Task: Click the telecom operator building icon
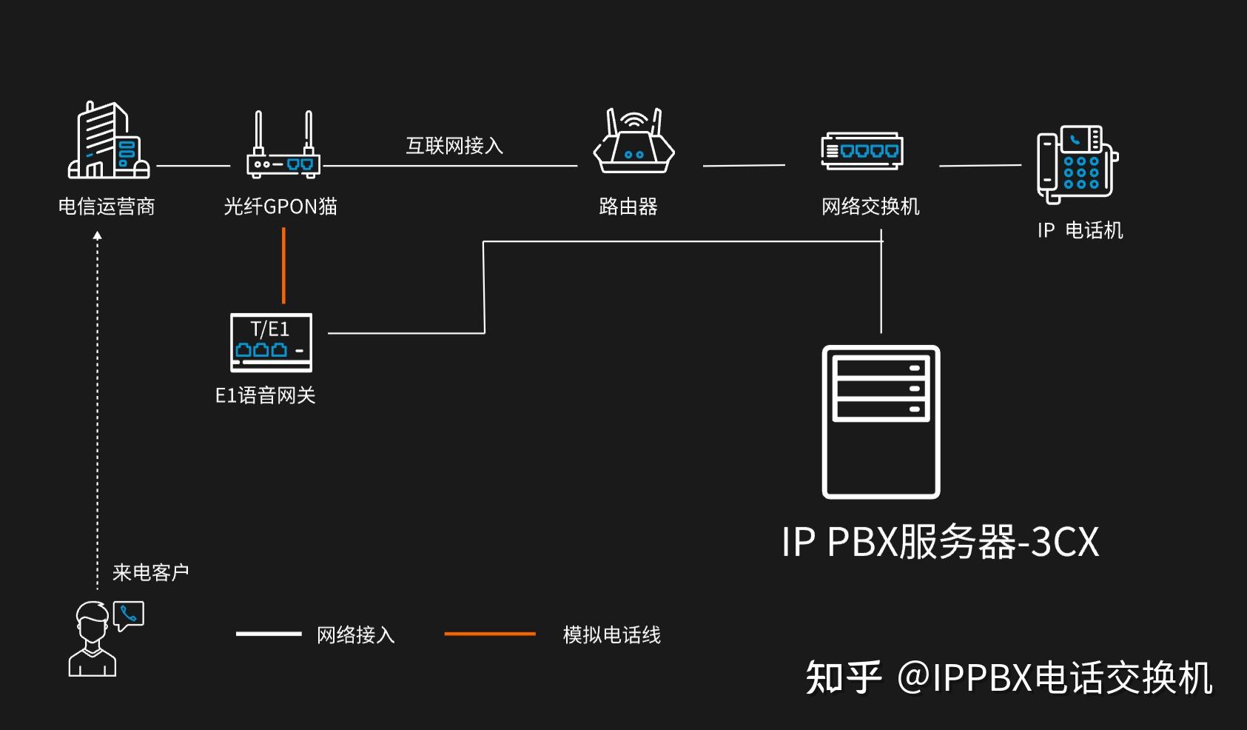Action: click(108, 141)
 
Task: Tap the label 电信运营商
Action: click(107, 207)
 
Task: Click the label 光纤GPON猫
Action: click(280, 207)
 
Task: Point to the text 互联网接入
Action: click(454, 146)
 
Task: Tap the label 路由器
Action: click(628, 207)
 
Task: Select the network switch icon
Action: click(861, 151)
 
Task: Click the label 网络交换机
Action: click(870, 207)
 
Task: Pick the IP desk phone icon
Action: click(1077, 164)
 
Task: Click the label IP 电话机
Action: click(1080, 230)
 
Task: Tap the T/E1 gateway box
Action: click(271, 342)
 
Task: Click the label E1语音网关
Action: click(265, 395)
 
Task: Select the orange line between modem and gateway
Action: click(283, 265)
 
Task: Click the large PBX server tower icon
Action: click(881, 422)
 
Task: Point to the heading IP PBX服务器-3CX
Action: click(940, 542)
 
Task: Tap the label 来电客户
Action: click(150, 572)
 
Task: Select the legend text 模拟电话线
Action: click(611, 634)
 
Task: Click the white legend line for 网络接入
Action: click(268, 634)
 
